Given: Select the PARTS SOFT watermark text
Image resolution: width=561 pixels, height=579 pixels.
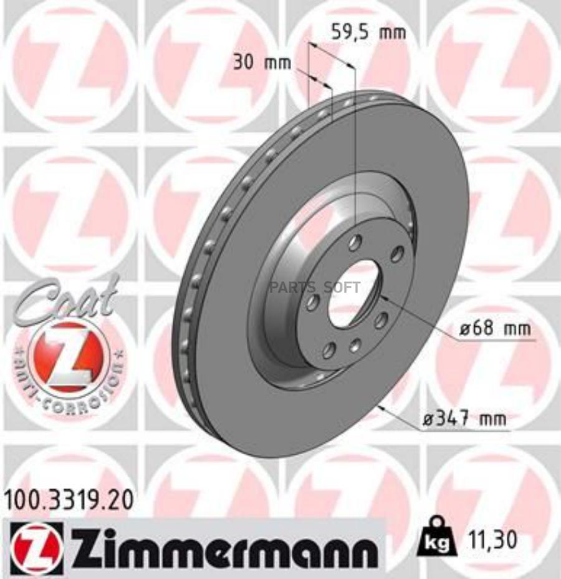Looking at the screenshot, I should click(315, 288).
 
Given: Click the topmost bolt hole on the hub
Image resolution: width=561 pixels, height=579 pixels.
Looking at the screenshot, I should click(355, 243).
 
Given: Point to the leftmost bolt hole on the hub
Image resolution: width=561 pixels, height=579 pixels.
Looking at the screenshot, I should click(313, 303).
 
